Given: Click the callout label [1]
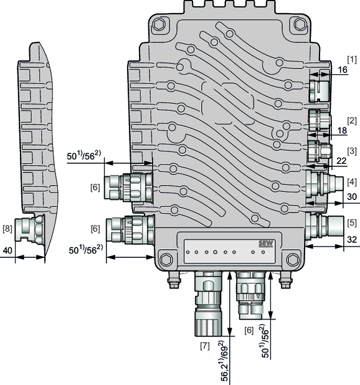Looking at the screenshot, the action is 352,60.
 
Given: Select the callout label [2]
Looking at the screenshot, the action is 352,121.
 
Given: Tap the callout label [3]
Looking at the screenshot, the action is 352,151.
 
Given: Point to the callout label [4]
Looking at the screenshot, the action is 352,182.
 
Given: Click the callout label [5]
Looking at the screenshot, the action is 352,222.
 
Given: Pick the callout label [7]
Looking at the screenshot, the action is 205,346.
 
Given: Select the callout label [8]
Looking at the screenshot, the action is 7,229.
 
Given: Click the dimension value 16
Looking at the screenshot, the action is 343,70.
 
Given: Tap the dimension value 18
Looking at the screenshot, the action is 342,131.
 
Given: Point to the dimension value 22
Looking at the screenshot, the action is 341,161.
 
